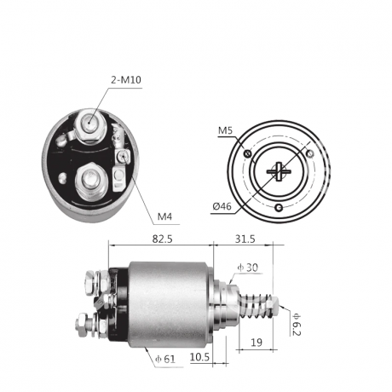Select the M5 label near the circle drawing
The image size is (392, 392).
point(225,130)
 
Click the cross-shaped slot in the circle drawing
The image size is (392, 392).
point(279,171)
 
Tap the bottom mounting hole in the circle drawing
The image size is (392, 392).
point(279,208)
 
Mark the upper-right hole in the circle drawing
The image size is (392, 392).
point(310,153)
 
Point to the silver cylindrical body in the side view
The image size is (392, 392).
point(170,303)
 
